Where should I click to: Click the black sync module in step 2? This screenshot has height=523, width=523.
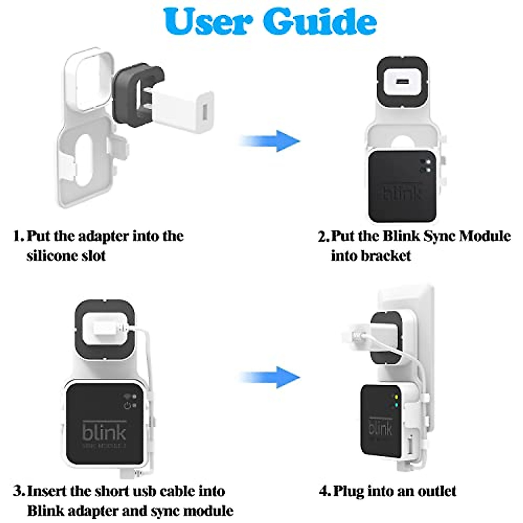(401, 187)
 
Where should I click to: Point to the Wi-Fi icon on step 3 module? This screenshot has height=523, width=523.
(128, 397)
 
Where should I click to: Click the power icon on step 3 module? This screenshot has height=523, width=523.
(128, 406)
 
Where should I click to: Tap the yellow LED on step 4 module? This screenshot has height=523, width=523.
(395, 397)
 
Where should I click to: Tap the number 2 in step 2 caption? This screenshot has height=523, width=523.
(323, 237)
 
